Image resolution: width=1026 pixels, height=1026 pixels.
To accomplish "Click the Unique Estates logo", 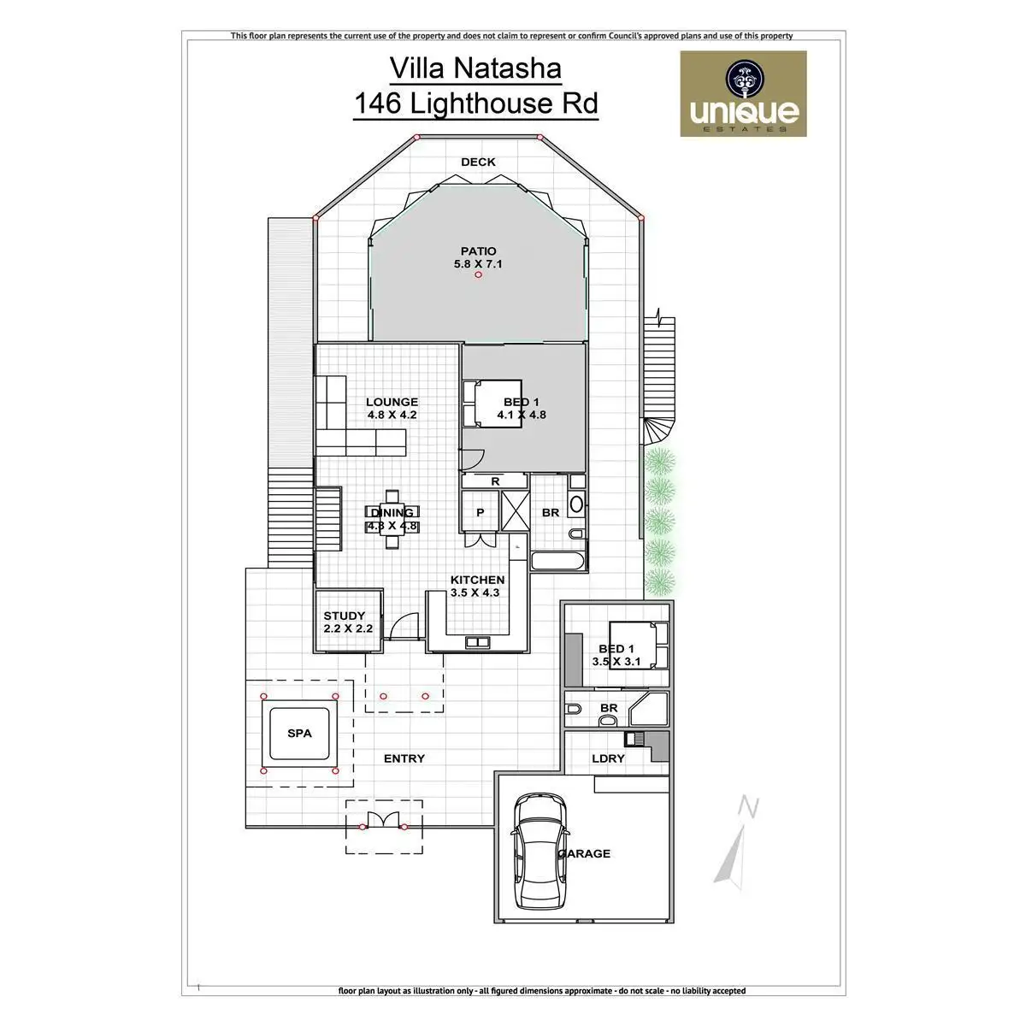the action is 743,94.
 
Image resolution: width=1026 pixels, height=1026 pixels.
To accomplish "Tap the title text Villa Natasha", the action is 475,68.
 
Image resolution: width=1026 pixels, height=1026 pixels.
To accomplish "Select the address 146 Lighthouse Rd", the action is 475,103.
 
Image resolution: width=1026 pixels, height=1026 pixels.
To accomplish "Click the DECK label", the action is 478,162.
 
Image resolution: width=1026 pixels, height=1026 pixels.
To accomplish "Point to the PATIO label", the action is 478,251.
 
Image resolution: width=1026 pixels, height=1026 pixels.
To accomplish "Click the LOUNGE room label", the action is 392,402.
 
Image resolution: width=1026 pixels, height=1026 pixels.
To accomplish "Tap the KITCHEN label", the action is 477,580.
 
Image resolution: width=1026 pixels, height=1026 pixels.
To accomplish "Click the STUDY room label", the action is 345,616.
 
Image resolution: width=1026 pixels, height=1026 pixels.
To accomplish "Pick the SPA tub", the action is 299,734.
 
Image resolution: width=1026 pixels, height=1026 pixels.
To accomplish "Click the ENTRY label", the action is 404,758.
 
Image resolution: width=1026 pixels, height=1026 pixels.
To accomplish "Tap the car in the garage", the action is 539,846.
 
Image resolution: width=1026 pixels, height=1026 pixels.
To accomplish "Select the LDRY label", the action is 608,758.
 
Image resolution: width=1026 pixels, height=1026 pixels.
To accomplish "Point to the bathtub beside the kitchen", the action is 559,562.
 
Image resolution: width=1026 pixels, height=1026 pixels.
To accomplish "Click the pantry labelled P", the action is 480,512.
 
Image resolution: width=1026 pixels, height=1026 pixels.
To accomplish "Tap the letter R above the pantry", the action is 495,482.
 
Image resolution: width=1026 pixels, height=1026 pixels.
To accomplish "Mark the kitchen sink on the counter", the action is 476,641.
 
